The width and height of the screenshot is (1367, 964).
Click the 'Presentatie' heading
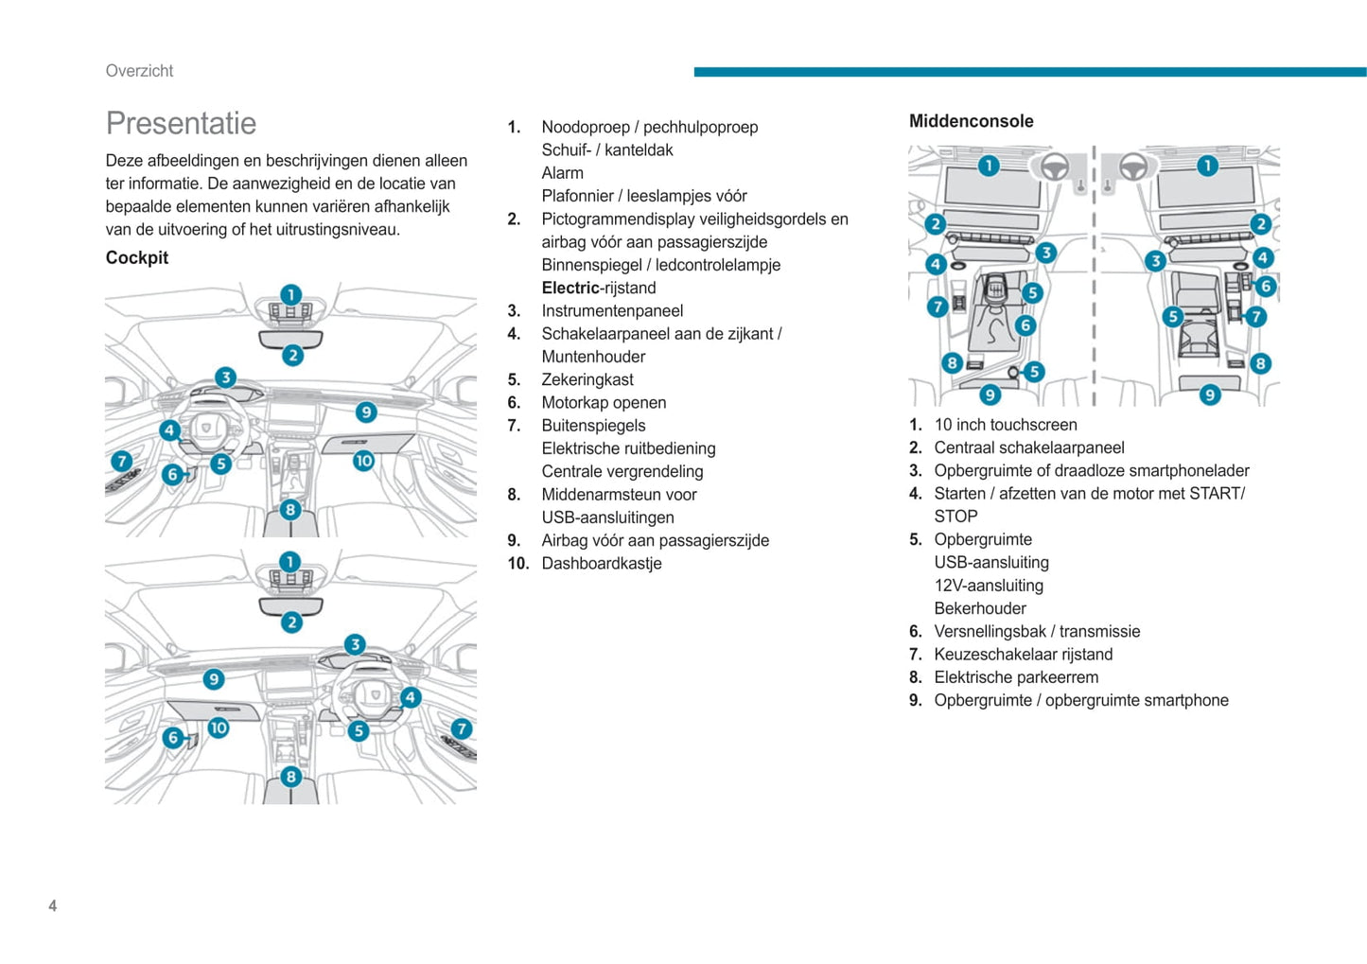(x=181, y=123)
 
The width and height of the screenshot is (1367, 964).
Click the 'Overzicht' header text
(x=139, y=71)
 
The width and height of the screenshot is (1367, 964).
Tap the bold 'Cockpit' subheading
(x=137, y=257)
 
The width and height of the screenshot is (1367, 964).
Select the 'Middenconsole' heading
(x=971, y=121)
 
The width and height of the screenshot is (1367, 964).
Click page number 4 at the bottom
(x=53, y=905)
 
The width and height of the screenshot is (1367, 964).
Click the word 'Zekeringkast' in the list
(x=587, y=379)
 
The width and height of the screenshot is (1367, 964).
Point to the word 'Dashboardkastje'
(x=601, y=563)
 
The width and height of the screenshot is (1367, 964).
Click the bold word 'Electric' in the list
(x=570, y=288)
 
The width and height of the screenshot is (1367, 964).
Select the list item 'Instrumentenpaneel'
(x=612, y=310)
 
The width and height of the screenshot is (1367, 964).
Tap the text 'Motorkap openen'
(x=604, y=402)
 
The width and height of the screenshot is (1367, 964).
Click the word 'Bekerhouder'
(x=980, y=608)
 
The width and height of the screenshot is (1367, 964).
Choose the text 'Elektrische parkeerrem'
(x=1016, y=677)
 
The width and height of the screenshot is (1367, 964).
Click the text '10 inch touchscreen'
(x=1006, y=425)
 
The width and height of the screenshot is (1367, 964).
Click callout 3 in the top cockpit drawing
(x=225, y=377)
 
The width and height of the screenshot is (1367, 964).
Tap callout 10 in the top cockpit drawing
(x=363, y=461)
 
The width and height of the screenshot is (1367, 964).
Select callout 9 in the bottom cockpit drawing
(x=214, y=679)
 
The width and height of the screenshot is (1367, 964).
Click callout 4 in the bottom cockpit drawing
(x=410, y=697)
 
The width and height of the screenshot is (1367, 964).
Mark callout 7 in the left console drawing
(x=937, y=307)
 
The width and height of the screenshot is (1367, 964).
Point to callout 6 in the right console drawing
(x=1266, y=286)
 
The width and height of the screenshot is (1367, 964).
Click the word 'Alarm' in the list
(x=562, y=173)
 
